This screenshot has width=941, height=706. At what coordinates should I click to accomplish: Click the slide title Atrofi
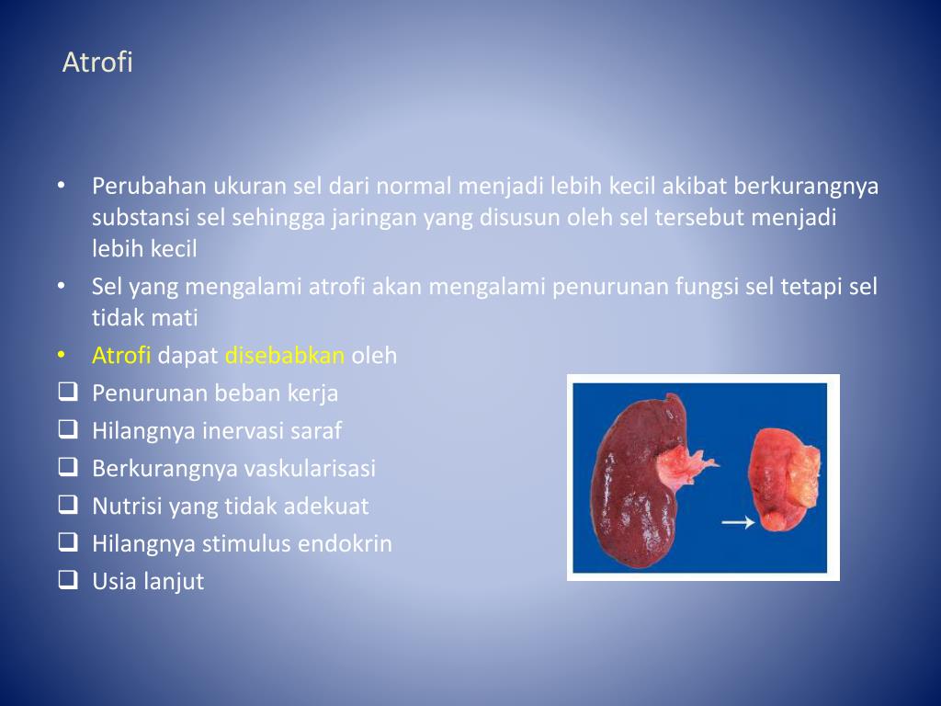[97, 63]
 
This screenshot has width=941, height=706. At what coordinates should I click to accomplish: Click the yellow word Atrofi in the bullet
[121, 355]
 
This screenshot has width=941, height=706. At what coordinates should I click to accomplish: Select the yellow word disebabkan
[285, 355]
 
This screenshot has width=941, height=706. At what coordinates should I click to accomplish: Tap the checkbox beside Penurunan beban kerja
[67, 393]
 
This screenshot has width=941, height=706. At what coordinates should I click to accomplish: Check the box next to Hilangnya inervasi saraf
[67, 429]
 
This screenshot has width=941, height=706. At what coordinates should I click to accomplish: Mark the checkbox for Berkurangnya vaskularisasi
[67, 467]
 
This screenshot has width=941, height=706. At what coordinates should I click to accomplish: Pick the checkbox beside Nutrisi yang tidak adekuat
[67, 505]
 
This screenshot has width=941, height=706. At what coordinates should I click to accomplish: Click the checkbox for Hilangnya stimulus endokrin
[67, 542]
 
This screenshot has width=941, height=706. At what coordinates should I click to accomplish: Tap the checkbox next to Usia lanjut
[67, 580]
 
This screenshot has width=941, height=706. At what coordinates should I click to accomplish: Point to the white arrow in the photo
[738, 522]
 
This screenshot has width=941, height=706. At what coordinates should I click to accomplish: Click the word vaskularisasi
[310, 468]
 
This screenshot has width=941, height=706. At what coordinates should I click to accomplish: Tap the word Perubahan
[149, 187]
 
